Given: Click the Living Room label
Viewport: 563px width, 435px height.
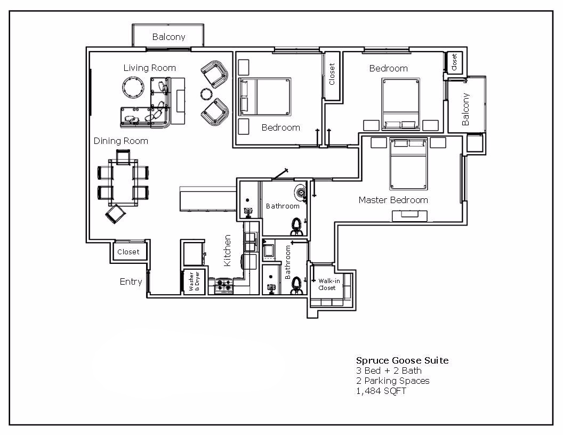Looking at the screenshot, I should click(x=149, y=68).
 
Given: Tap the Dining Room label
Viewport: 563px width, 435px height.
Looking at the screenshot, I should click(x=120, y=141).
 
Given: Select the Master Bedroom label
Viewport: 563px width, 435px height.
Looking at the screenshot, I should click(x=393, y=200).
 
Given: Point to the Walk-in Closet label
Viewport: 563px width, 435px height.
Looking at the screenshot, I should click(x=328, y=284).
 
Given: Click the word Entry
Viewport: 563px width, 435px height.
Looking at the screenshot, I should click(x=131, y=281).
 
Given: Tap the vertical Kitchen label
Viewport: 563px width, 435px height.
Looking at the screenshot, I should click(x=227, y=251).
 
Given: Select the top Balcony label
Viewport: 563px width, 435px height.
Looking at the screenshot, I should click(x=168, y=37).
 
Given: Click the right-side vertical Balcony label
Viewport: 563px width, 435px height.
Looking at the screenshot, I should click(x=466, y=109).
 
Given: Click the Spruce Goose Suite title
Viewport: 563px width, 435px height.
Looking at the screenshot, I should click(x=402, y=360).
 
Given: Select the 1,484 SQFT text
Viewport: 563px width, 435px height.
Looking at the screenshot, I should click(x=381, y=391).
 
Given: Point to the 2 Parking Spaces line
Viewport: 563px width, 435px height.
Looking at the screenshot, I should click(x=392, y=381).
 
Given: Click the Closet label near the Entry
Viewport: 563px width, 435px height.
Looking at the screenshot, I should click(x=128, y=252).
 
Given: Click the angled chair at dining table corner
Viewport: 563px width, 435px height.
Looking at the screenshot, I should click(x=116, y=214).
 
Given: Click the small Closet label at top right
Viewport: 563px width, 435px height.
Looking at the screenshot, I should click(x=454, y=62).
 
